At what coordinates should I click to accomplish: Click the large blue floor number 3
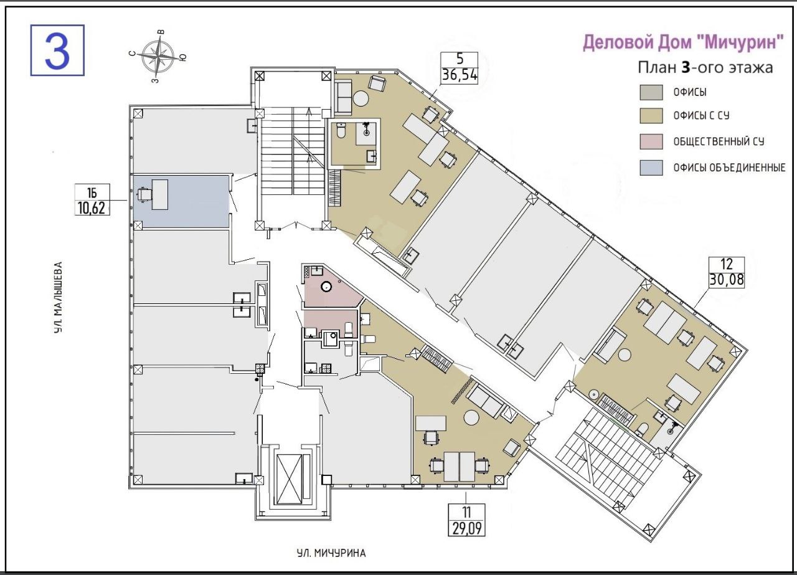57,50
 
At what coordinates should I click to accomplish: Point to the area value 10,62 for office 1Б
92,207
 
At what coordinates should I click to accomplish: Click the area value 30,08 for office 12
727,280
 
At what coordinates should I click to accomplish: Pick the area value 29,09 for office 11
466,528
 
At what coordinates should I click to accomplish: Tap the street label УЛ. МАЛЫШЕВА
59,298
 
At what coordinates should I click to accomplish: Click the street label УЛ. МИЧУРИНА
331,553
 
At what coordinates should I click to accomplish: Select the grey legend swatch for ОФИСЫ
651,92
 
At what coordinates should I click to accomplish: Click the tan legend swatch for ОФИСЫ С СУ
651,116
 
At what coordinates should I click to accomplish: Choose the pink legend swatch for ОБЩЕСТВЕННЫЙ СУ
651,141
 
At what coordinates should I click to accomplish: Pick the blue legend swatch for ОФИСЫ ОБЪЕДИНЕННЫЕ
651,168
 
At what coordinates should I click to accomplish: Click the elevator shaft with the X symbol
289,479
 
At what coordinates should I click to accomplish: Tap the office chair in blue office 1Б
144,194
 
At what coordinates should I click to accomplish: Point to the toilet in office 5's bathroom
341,131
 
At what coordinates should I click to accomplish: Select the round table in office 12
624,356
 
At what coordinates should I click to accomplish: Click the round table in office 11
472,417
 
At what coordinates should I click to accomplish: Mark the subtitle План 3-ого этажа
705,68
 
